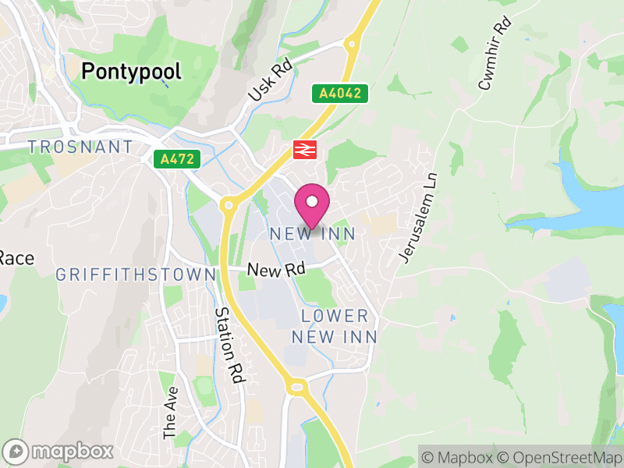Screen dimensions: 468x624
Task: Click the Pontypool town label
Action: pos(131,73)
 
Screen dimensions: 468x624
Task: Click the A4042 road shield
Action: pos(340,94)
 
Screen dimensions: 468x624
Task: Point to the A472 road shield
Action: pos(177,159)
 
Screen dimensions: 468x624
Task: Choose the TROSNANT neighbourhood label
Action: pos(80,147)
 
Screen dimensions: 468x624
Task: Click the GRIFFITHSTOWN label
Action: pos(136,275)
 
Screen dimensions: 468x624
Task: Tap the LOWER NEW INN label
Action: pos(335,326)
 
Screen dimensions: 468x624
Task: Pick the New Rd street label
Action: pos(275,269)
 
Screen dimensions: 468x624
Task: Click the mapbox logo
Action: pos(58,451)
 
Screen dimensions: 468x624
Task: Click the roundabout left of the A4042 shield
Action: pos(353,44)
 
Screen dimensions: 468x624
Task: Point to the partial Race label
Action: pos(16,257)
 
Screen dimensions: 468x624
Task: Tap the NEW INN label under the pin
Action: pos(312,234)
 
